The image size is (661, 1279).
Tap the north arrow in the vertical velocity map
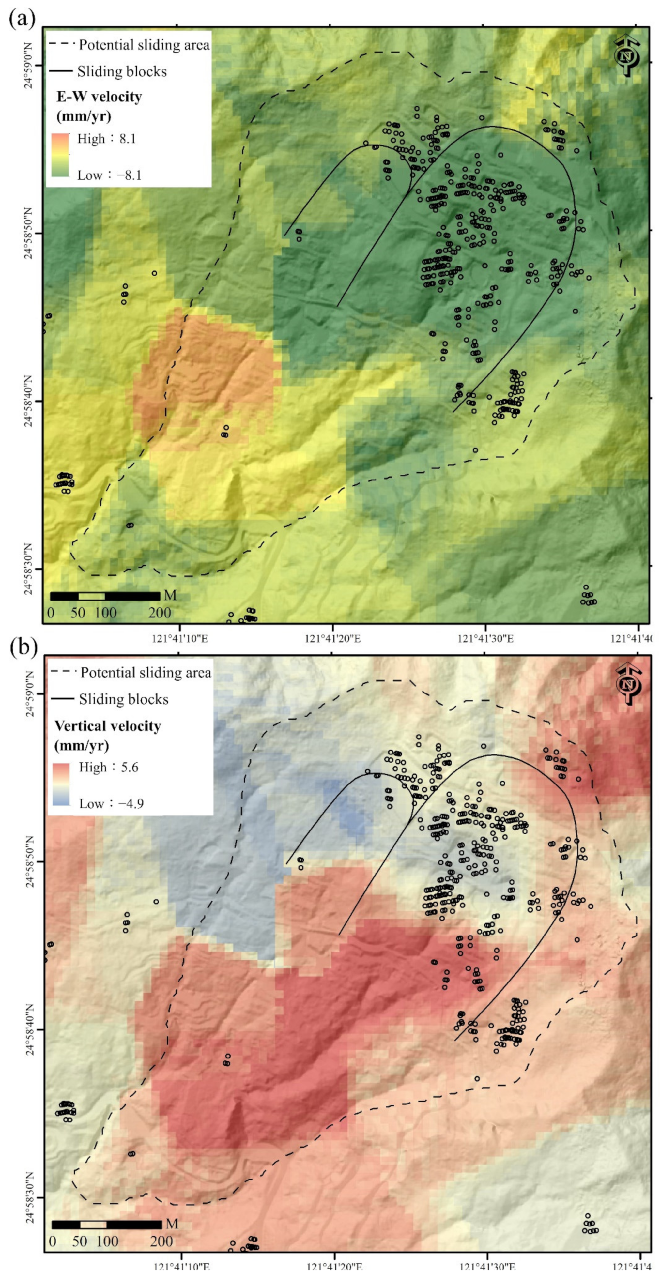click(629, 684)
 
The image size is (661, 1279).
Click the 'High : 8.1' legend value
click(106, 139)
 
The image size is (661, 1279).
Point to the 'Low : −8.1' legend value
click(109, 175)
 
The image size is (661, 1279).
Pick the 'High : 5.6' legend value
click(108, 767)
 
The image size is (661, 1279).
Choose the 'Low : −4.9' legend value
click(111, 803)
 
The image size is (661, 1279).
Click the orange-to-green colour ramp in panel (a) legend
click(60, 155)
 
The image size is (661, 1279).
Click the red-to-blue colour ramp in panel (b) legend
click(62, 784)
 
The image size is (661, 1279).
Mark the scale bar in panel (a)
click(105, 596)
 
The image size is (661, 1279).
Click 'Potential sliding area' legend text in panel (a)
click(144, 45)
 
